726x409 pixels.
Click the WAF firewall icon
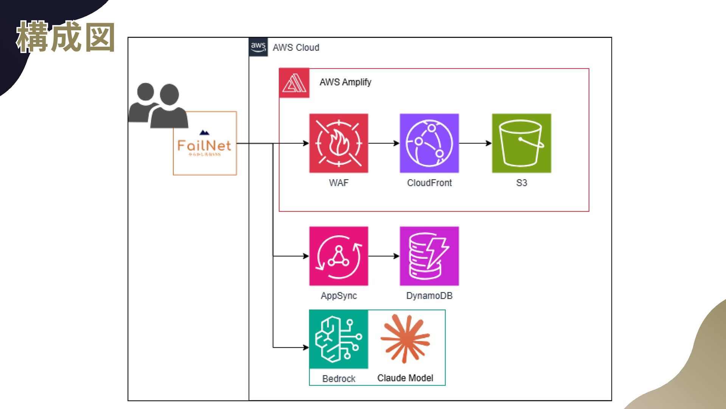pos(338,143)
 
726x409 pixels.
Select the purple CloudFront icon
pos(429,143)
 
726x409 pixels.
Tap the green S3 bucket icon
pos(521,143)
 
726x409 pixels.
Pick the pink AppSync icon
pos(338,256)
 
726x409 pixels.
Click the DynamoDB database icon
pos(429,256)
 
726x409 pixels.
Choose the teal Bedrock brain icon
pos(338,339)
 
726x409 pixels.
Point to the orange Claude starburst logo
pos(405,338)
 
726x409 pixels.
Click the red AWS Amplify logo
pos(294,83)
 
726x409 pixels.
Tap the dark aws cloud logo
pos(258,47)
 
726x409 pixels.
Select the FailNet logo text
pos(204,145)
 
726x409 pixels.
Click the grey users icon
pos(158,106)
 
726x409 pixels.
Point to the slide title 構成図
pos(66,37)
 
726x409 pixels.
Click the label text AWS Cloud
pos(296,47)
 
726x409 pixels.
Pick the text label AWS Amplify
pos(345,82)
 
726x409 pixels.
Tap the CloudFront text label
pos(429,183)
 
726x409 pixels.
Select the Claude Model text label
pos(405,378)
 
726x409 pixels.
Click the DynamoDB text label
pos(429,296)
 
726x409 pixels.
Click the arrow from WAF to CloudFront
pos(384,143)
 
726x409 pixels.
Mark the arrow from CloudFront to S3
pos(475,143)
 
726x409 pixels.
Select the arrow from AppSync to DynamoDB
pos(384,256)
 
